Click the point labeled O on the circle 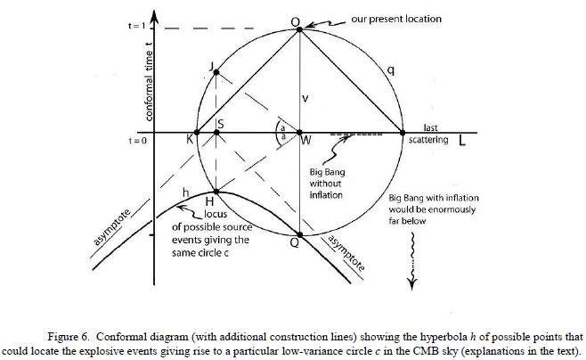300,29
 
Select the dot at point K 197,133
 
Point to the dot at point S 217,133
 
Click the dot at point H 217,191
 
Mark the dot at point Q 300,235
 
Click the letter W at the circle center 305,140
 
